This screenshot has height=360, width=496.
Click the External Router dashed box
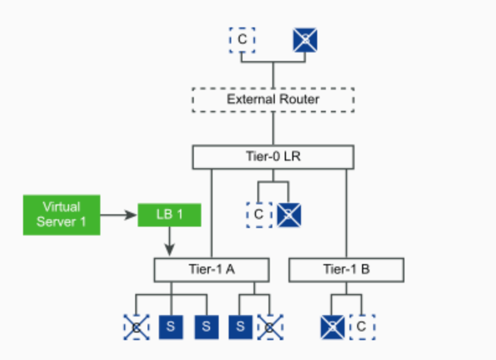(x=273, y=100)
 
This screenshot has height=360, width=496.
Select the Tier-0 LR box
(x=273, y=157)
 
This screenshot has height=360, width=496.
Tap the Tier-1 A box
(x=211, y=270)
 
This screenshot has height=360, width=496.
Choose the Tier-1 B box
(x=346, y=270)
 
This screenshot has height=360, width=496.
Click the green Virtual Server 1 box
(x=62, y=215)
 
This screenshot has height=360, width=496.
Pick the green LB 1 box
(x=169, y=215)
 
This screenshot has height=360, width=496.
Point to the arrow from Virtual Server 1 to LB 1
(x=118, y=216)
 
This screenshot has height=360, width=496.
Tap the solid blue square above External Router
(x=305, y=40)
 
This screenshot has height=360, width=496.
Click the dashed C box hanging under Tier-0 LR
(x=259, y=214)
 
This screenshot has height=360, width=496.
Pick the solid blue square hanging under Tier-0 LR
(x=289, y=214)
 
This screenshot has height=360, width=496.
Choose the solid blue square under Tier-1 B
(x=331, y=326)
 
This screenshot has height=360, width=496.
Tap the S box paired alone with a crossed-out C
(x=240, y=326)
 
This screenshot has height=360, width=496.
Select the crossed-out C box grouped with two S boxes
(x=136, y=326)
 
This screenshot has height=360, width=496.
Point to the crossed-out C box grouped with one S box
(x=270, y=326)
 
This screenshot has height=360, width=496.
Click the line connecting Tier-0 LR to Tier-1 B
(x=346, y=212)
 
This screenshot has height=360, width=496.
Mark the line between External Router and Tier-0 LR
(x=273, y=129)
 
